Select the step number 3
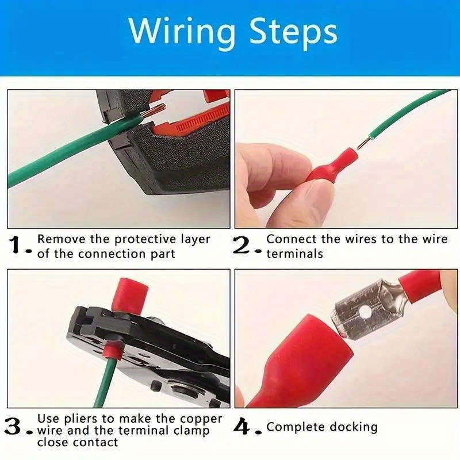tap(15, 427)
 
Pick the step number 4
tap(244, 427)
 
